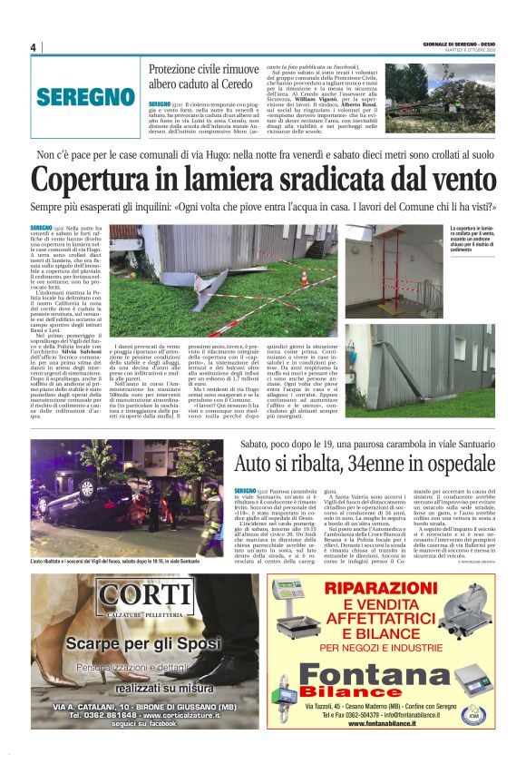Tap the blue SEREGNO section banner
click(x=87, y=97)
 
